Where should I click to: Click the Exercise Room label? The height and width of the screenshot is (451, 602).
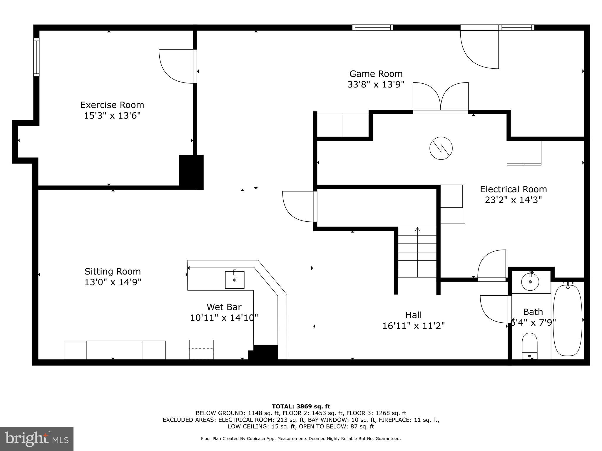pos(112,105)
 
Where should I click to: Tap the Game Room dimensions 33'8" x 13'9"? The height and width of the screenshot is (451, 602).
pos(376,85)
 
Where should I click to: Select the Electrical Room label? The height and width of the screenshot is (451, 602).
pos(513,189)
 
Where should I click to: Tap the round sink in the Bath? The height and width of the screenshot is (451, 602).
pos(530,282)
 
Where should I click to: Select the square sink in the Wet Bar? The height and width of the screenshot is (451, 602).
pos(235,280)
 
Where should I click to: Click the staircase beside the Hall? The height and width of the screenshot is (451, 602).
pos(417,253)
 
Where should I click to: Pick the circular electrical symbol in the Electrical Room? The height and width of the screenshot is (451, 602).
pos(441,148)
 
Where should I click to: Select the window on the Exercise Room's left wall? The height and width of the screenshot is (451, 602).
pos(36,57)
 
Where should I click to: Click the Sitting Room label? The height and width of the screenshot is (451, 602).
pos(113,271)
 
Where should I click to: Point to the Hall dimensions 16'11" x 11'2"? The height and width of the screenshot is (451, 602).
pos(413,326)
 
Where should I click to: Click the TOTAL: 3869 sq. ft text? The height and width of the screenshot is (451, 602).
pos(301,406)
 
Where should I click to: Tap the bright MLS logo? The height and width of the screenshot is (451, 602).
pos(37,439)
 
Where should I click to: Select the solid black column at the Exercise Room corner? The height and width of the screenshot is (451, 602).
pos(191,172)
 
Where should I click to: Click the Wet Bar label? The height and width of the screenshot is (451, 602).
pos(224,307)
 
